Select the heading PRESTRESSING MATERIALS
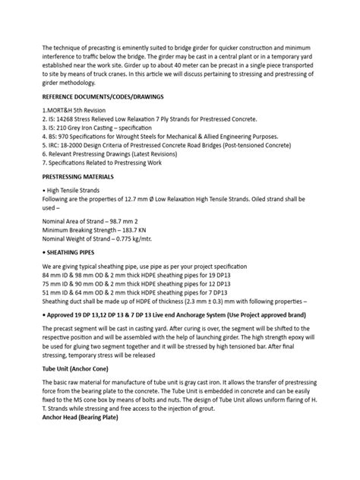pos(83,175)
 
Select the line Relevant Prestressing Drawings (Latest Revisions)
pos(122,153)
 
